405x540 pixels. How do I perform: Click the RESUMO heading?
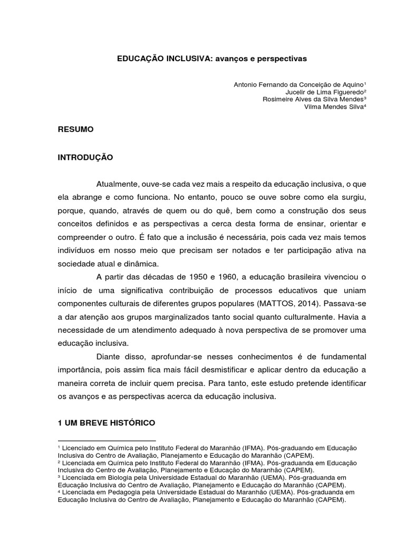(76, 129)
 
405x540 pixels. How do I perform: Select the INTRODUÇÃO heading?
(85, 157)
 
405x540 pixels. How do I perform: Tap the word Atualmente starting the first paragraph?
(117, 185)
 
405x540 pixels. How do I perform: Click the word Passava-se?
(328, 304)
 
